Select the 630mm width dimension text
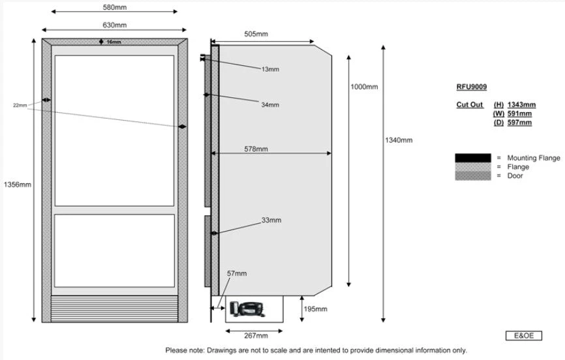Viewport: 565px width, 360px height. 115,25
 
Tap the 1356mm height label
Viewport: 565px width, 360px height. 18,185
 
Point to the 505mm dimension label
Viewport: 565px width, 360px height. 256,34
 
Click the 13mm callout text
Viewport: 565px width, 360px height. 269,69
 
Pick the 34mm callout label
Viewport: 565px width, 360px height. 269,105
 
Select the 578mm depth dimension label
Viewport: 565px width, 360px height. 256,149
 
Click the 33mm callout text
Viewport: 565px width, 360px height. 271,220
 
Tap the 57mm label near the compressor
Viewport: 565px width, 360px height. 237,274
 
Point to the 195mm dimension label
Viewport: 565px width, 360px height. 316,308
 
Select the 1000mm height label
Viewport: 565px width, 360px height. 364,87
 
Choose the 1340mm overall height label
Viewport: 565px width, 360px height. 399,140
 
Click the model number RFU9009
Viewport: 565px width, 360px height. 471,87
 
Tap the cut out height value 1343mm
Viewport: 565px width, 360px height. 522,104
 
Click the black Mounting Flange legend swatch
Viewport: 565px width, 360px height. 472,158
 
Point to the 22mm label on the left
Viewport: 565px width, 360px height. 20,105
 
